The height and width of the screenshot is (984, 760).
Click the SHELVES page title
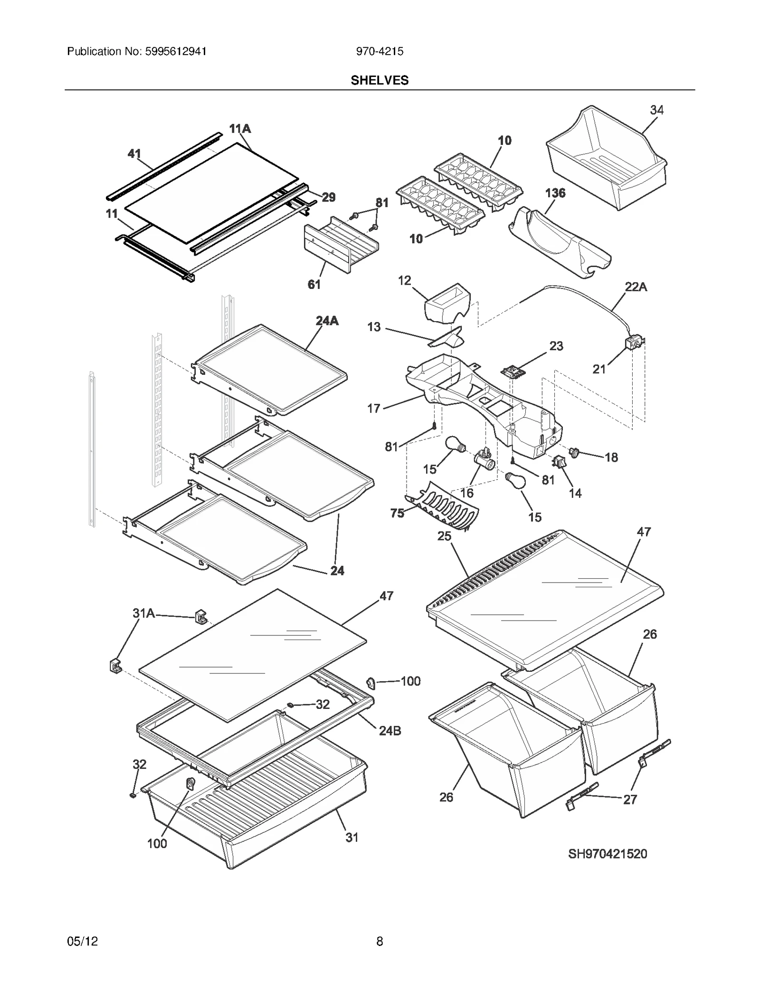[x=380, y=80]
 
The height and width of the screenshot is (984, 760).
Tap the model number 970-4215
[x=380, y=51]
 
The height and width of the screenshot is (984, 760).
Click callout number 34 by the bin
[x=656, y=110]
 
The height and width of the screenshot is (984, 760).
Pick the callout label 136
[x=555, y=193]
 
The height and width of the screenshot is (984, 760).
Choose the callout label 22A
[x=636, y=287]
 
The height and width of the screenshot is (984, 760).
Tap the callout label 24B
[x=389, y=731]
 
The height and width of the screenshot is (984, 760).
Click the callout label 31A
[x=143, y=613]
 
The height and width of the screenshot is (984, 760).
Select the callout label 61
[x=314, y=284]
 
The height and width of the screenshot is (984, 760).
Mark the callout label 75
[x=397, y=513]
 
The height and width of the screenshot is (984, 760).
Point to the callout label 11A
[x=240, y=129]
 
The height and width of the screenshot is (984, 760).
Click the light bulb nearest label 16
[x=454, y=445]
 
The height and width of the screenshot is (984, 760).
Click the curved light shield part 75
[x=444, y=510]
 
